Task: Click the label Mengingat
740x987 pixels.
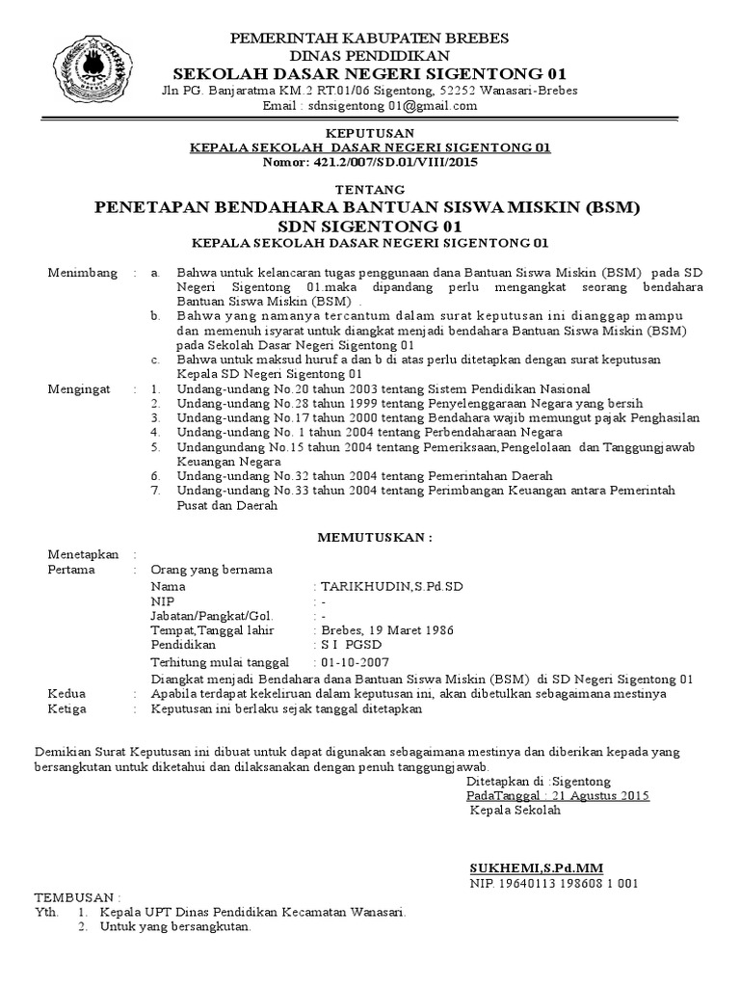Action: (80, 388)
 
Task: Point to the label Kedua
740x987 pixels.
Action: (66, 693)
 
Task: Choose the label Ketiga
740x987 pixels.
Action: (67, 708)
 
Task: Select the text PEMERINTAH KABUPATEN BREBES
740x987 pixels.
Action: (369, 38)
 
